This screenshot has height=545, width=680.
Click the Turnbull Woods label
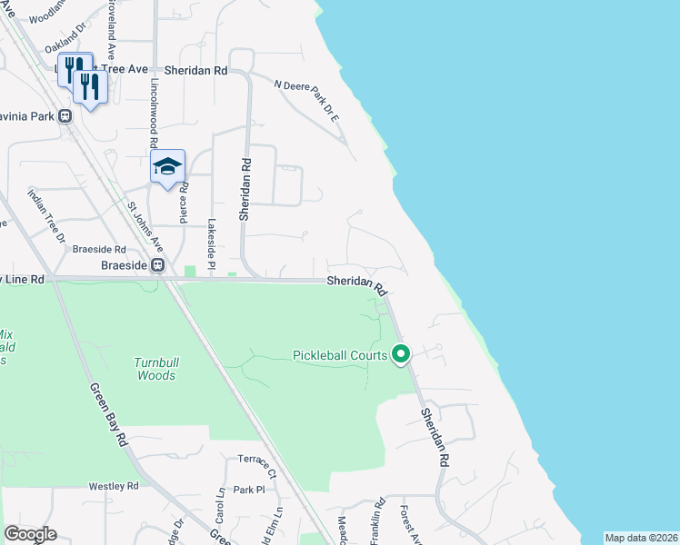point(156,368)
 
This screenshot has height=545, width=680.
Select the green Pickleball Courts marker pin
point(401,354)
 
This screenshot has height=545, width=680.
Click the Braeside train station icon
point(157,265)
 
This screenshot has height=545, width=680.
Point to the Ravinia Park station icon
point(65,116)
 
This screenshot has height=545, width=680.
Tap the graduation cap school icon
point(168,166)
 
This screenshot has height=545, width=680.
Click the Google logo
point(30,534)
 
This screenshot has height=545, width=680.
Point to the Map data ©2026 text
point(642,538)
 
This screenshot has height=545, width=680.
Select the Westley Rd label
point(114,486)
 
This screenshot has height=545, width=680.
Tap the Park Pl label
point(247,489)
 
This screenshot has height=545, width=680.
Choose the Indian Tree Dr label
point(46,216)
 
